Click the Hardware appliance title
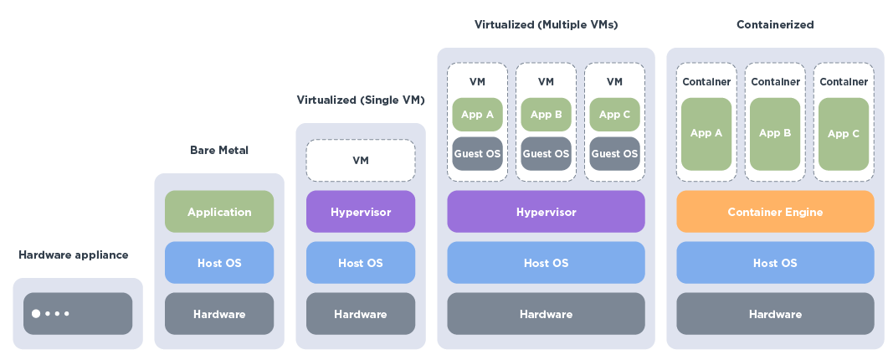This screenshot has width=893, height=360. click(x=74, y=255)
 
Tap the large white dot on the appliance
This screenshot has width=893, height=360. click(x=36, y=314)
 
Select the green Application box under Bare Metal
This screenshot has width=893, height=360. click(x=219, y=212)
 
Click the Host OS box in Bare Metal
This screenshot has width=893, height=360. click(x=219, y=263)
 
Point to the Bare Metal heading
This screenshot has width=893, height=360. click(x=219, y=151)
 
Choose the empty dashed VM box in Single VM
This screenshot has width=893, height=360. click(x=361, y=161)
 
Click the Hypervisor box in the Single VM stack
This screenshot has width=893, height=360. click(x=361, y=212)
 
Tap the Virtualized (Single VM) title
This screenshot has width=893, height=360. click(x=361, y=100)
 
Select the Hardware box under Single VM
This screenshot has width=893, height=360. click(x=361, y=314)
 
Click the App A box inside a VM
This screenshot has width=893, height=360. click(x=477, y=115)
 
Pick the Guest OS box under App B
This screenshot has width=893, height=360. click(x=546, y=154)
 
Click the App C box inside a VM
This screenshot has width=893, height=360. click(x=614, y=115)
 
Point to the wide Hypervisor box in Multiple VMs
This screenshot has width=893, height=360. click(x=546, y=212)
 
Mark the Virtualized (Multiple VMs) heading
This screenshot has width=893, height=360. click(x=546, y=25)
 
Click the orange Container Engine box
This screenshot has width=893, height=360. click(x=775, y=212)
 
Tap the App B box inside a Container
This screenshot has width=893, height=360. click(x=775, y=134)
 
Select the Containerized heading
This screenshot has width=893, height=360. click(x=775, y=25)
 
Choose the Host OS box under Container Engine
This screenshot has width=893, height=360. click(x=775, y=263)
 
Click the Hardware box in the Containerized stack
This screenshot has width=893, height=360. click(x=775, y=314)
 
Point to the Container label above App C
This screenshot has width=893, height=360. click(x=844, y=82)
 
